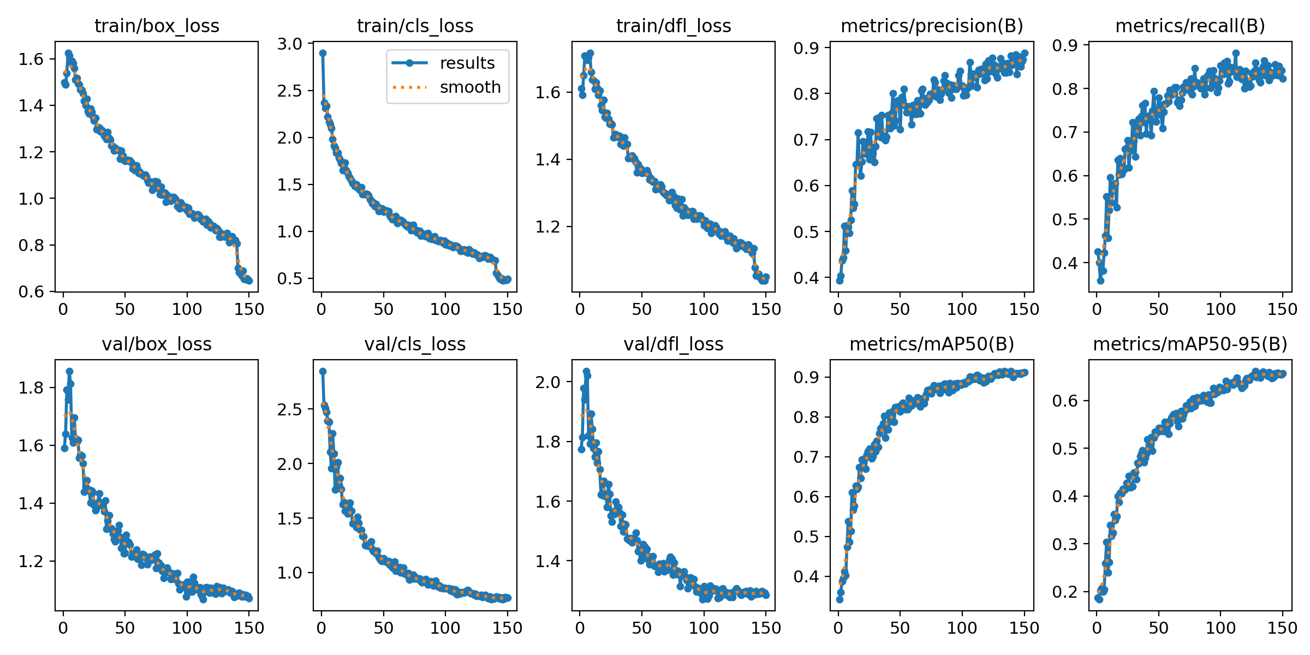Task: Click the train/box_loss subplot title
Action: tap(157, 26)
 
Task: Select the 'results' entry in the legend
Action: tap(467, 63)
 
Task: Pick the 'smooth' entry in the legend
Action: tap(470, 87)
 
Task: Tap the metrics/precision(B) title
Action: tap(932, 26)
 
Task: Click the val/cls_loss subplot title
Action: tap(415, 344)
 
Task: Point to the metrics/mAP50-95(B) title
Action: tap(1190, 344)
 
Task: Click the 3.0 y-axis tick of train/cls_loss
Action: tap(290, 44)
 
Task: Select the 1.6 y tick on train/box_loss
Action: tap(32, 58)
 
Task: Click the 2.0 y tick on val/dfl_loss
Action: tap(548, 382)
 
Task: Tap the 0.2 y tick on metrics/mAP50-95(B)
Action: tap(1065, 592)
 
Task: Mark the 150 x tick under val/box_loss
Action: tap(249, 628)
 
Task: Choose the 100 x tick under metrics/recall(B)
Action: tap(1220, 309)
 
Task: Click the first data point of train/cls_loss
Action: tap(323, 53)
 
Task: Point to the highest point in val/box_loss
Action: tap(69, 371)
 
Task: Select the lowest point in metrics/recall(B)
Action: tap(1100, 281)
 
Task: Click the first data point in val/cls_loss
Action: tap(323, 371)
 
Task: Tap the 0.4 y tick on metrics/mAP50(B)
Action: tap(806, 576)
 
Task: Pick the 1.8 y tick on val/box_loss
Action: tap(32, 388)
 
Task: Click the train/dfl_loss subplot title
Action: tap(674, 26)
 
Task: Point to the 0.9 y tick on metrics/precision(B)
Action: tap(806, 47)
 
